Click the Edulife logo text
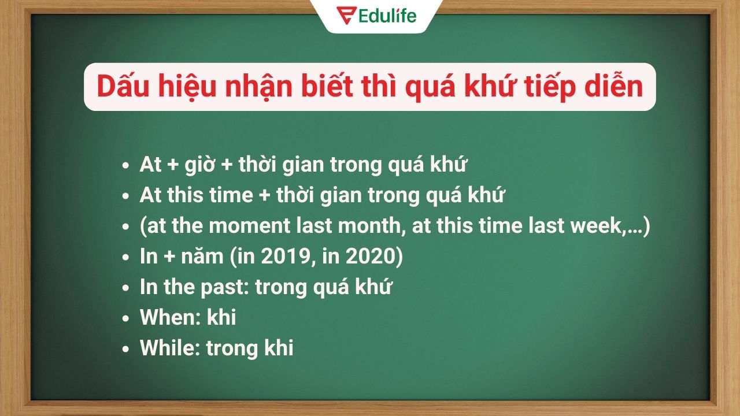(x=387, y=16)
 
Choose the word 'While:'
(x=171, y=348)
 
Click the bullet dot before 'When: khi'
(x=125, y=318)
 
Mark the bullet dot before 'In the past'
(x=125, y=288)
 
